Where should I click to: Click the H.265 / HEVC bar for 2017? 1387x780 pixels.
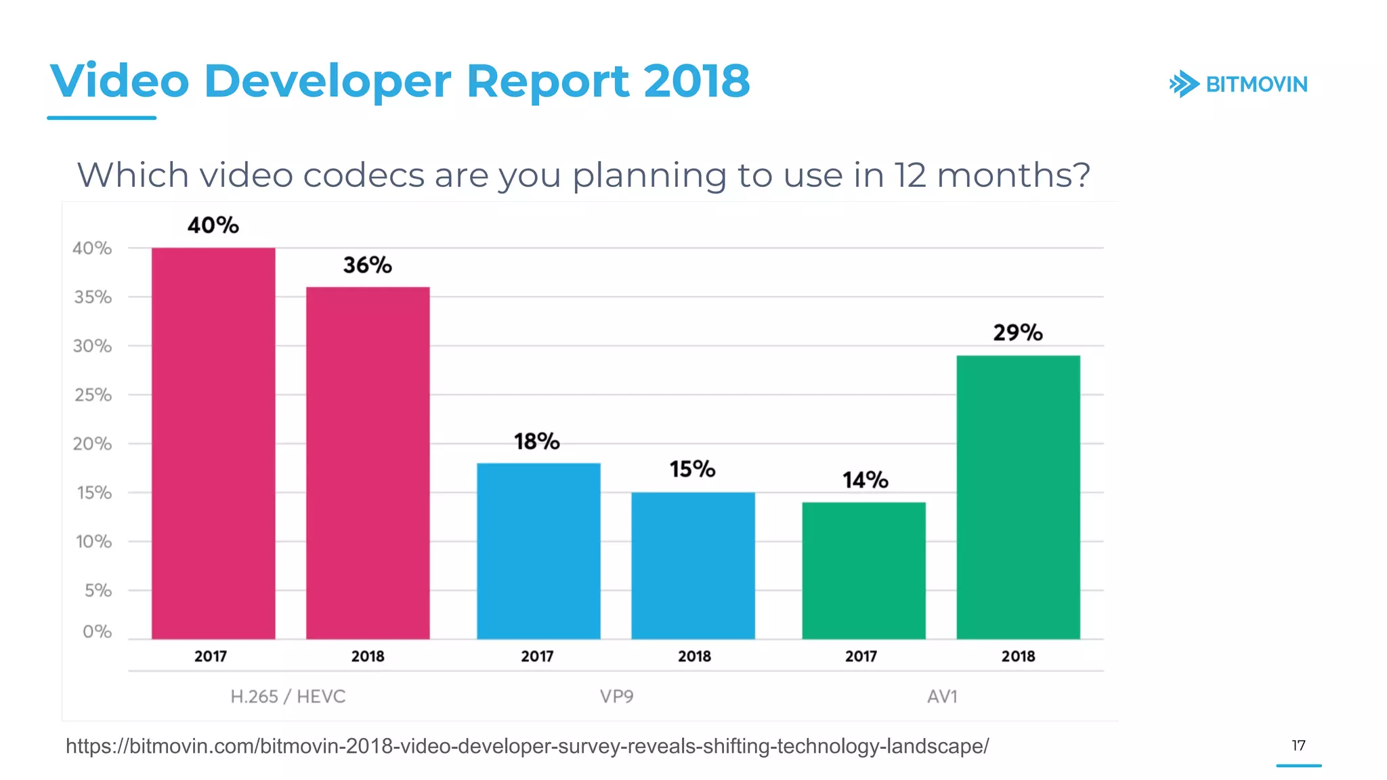[x=213, y=443]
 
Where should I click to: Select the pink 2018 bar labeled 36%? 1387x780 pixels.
[x=368, y=463]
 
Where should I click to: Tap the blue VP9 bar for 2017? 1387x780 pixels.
[x=538, y=551]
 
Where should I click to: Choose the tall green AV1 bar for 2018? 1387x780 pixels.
[x=1018, y=497]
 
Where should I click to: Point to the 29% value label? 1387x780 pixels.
[x=1018, y=332]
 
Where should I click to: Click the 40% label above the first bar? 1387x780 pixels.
[x=213, y=225]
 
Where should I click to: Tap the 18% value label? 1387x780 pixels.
[x=537, y=441]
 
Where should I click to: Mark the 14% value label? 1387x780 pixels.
[x=865, y=480]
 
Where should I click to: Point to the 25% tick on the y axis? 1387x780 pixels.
[x=93, y=395]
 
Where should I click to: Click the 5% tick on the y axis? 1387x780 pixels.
[x=98, y=590]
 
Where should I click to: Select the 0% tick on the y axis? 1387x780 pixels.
[x=97, y=632]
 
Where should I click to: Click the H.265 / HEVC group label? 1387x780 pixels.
[x=288, y=697]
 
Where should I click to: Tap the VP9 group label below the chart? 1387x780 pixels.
[x=616, y=697]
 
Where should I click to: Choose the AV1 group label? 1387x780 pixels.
[x=942, y=697]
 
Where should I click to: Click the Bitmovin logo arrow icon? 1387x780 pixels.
[x=1184, y=85]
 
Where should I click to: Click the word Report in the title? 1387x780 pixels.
[x=548, y=81]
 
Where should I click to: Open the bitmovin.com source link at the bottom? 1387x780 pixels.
[x=527, y=746]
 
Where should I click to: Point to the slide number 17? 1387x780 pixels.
[x=1298, y=745]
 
